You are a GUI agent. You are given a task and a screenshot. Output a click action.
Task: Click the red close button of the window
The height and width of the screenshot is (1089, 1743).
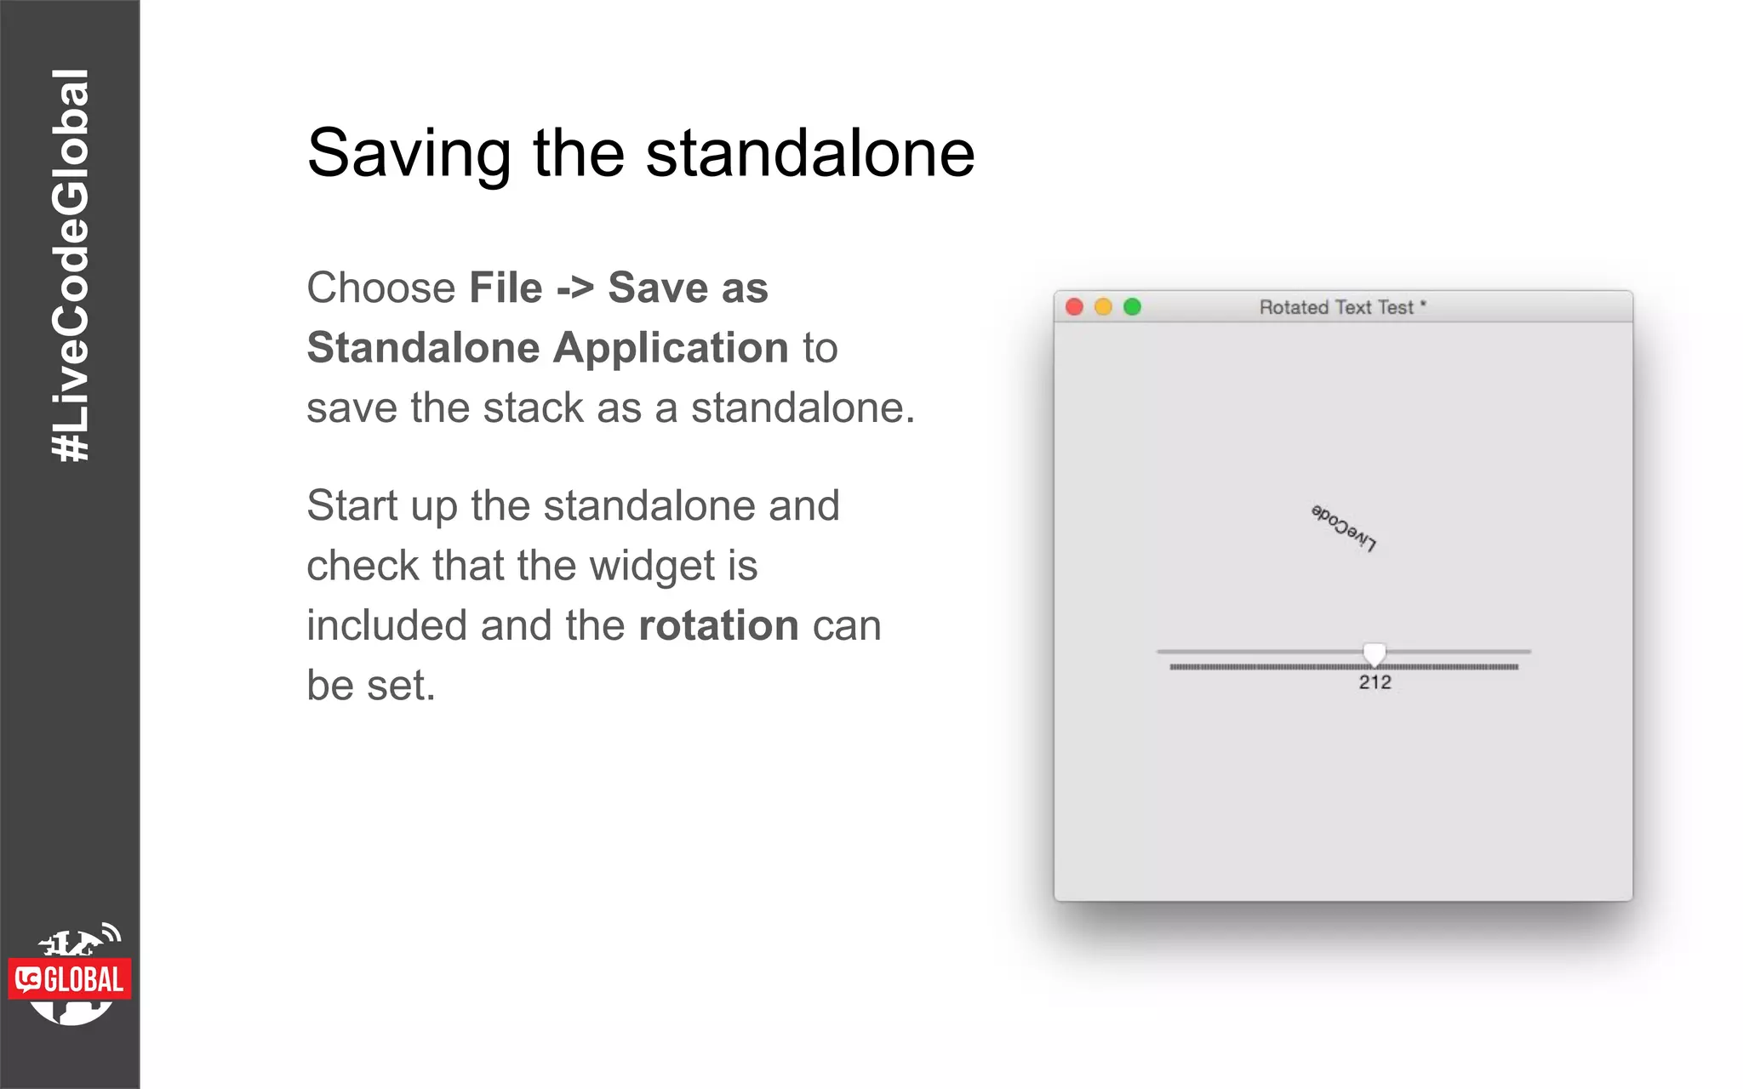pos(1074,307)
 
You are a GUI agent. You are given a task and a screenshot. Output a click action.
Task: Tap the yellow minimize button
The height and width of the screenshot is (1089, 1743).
pos(1103,307)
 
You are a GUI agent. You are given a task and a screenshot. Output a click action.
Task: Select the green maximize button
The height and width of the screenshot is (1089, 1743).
pos(1132,307)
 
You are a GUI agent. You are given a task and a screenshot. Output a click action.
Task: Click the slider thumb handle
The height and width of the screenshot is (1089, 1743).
pos(1374,653)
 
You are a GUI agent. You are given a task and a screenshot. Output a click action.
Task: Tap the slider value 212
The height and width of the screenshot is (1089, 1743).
pos(1374,682)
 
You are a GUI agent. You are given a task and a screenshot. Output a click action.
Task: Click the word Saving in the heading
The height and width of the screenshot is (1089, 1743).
pos(409,154)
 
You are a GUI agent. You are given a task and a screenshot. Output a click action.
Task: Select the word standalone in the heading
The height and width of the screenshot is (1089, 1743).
pos(809,154)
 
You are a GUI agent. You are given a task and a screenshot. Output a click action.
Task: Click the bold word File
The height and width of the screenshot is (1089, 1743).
pos(506,288)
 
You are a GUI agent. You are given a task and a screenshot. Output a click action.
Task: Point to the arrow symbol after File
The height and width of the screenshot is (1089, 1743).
pos(575,288)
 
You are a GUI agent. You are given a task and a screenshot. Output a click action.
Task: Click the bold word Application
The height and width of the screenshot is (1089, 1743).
pos(671,348)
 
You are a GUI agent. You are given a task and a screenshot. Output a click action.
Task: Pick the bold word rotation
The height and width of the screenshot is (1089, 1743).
pos(718,625)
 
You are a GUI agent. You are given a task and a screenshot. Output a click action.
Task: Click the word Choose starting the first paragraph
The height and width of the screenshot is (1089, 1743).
pos(381,288)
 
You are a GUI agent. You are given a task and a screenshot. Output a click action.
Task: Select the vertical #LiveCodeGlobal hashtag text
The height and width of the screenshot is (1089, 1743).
pos(70,265)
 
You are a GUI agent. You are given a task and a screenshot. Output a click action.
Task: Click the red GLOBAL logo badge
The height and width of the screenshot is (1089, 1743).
pos(70,979)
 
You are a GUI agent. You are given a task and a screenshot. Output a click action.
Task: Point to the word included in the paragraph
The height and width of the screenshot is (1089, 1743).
pos(386,625)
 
